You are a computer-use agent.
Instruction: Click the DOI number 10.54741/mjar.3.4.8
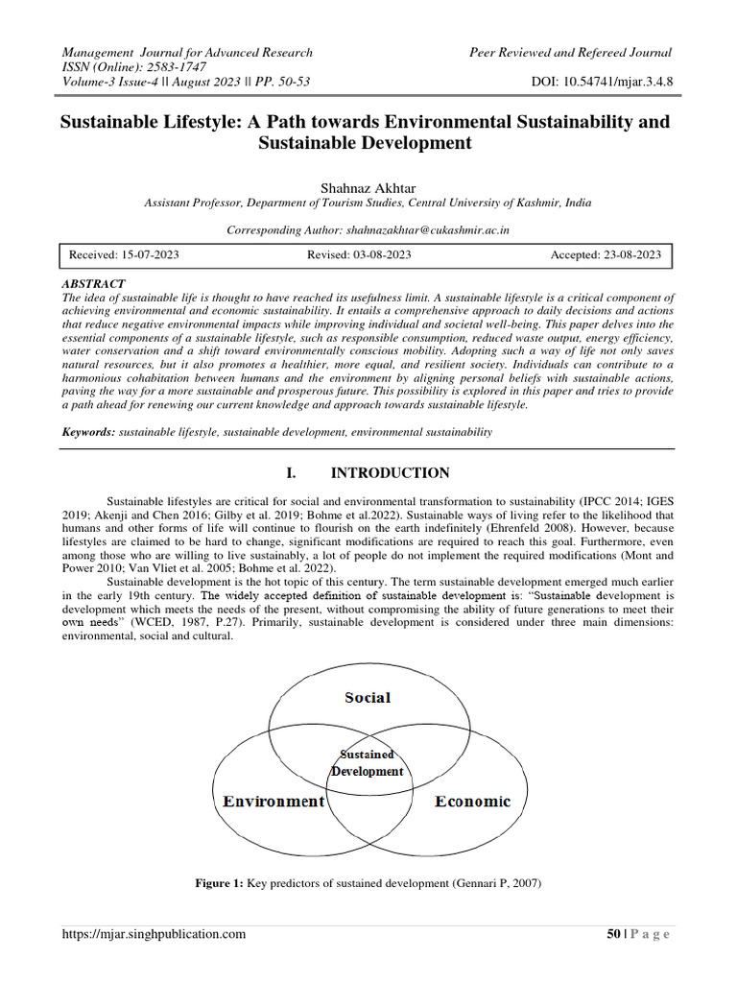[623, 83]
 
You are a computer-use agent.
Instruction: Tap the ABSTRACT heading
[93, 285]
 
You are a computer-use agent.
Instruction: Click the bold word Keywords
[88, 433]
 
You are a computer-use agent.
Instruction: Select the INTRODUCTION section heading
[391, 473]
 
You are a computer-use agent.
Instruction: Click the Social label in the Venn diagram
[368, 697]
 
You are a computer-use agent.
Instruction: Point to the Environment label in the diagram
[274, 801]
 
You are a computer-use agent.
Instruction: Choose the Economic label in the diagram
[472, 801]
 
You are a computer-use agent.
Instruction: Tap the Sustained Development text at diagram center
[368, 763]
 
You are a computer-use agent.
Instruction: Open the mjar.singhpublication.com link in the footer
[154, 934]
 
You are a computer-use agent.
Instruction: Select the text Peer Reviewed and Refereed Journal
[570, 52]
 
